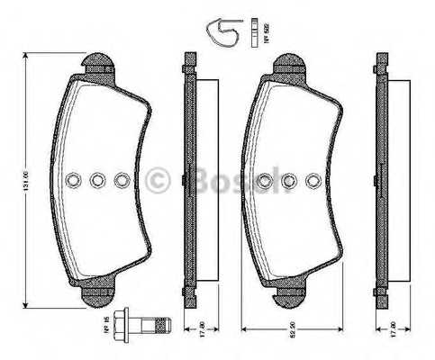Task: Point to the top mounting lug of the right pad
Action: [291, 63]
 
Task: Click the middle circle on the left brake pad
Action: [98, 181]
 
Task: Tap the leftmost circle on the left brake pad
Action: [74, 181]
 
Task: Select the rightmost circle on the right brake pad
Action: [311, 181]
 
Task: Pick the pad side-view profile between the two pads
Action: [190, 180]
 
